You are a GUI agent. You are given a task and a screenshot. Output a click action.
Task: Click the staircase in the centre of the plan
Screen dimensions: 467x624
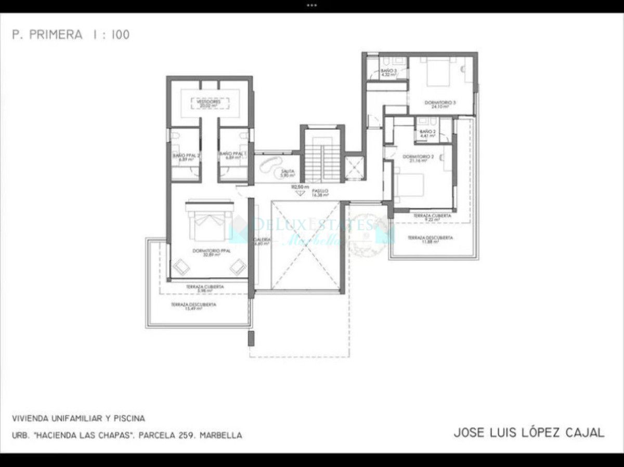(x=322, y=156)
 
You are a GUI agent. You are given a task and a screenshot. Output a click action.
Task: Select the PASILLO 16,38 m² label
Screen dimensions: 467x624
(x=320, y=193)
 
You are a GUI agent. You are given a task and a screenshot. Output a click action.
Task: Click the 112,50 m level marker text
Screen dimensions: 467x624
(x=300, y=186)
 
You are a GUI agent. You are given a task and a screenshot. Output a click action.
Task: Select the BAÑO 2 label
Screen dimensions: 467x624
(x=427, y=134)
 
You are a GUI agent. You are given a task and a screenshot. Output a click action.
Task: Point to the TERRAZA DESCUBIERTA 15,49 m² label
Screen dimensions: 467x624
(x=193, y=306)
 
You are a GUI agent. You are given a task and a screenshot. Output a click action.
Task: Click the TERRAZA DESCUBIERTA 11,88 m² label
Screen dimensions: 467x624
(x=430, y=239)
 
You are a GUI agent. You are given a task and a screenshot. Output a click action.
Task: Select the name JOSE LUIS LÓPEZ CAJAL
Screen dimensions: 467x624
(x=529, y=433)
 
